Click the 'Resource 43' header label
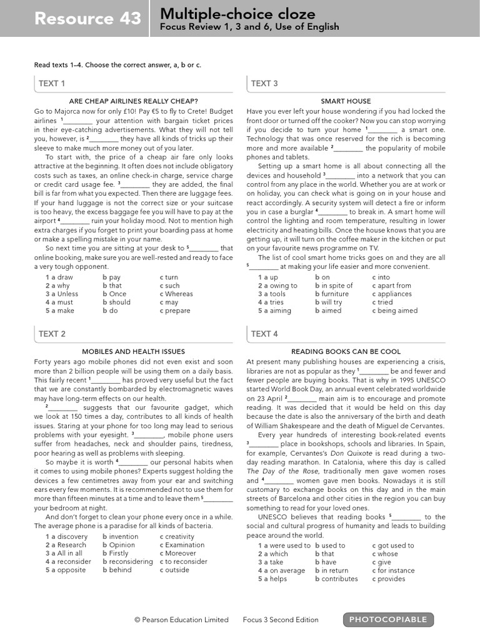coord(88,19)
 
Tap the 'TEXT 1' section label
coord(52,83)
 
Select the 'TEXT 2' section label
coord(52,334)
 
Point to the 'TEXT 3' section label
coord(264,83)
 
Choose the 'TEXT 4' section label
coord(264,334)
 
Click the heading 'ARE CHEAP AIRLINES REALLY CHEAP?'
coord(134,101)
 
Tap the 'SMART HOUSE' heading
coord(346,101)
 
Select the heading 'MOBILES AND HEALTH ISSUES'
coord(134,352)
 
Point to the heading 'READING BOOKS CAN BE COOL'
coord(346,352)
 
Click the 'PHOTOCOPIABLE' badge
coord(388,619)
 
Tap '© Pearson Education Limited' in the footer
coord(181,620)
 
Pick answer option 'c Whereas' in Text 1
coord(176,294)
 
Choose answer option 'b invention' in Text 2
coord(120,537)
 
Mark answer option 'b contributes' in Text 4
coord(336,579)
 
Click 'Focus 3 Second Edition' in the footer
coord(281,620)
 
